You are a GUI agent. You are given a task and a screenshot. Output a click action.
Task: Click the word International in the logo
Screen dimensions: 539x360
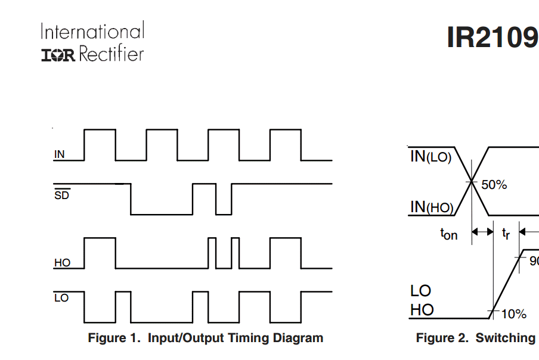(x=92, y=31)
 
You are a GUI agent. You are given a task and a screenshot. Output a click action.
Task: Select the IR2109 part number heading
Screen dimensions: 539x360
(x=492, y=38)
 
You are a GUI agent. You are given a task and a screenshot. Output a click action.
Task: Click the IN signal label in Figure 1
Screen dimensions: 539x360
(x=60, y=154)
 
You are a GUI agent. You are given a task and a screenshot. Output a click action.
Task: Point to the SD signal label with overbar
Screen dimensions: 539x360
(x=61, y=195)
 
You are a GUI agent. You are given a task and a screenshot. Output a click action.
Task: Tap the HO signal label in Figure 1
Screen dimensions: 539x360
(x=62, y=263)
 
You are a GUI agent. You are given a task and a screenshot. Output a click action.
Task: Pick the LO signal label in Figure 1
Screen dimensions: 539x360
(x=61, y=298)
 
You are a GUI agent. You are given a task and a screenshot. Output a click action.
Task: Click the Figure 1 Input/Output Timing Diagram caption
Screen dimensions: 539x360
(x=205, y=338)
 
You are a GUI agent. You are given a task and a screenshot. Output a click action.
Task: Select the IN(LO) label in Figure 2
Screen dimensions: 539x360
(x=430, y=157)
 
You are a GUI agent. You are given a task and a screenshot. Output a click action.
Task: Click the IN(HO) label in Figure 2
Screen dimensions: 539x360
(x=432, y=207)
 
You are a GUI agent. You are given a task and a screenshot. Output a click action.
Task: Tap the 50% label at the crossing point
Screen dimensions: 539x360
(x=494, y=185)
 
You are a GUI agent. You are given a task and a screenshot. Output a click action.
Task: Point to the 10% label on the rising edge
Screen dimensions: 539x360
(x=513, y=314)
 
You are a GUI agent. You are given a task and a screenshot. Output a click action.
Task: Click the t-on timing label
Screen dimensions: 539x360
(x=449, y=234)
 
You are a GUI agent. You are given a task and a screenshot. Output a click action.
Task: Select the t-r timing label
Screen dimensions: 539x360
(x=506, y=234)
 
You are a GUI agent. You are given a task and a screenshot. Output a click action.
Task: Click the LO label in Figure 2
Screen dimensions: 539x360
(x=421, y=291)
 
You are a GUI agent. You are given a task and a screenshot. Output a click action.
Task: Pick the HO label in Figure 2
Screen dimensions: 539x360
(x=422, y=310)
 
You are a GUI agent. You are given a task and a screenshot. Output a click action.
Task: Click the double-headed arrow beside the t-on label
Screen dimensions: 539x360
(x=483, y=232)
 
